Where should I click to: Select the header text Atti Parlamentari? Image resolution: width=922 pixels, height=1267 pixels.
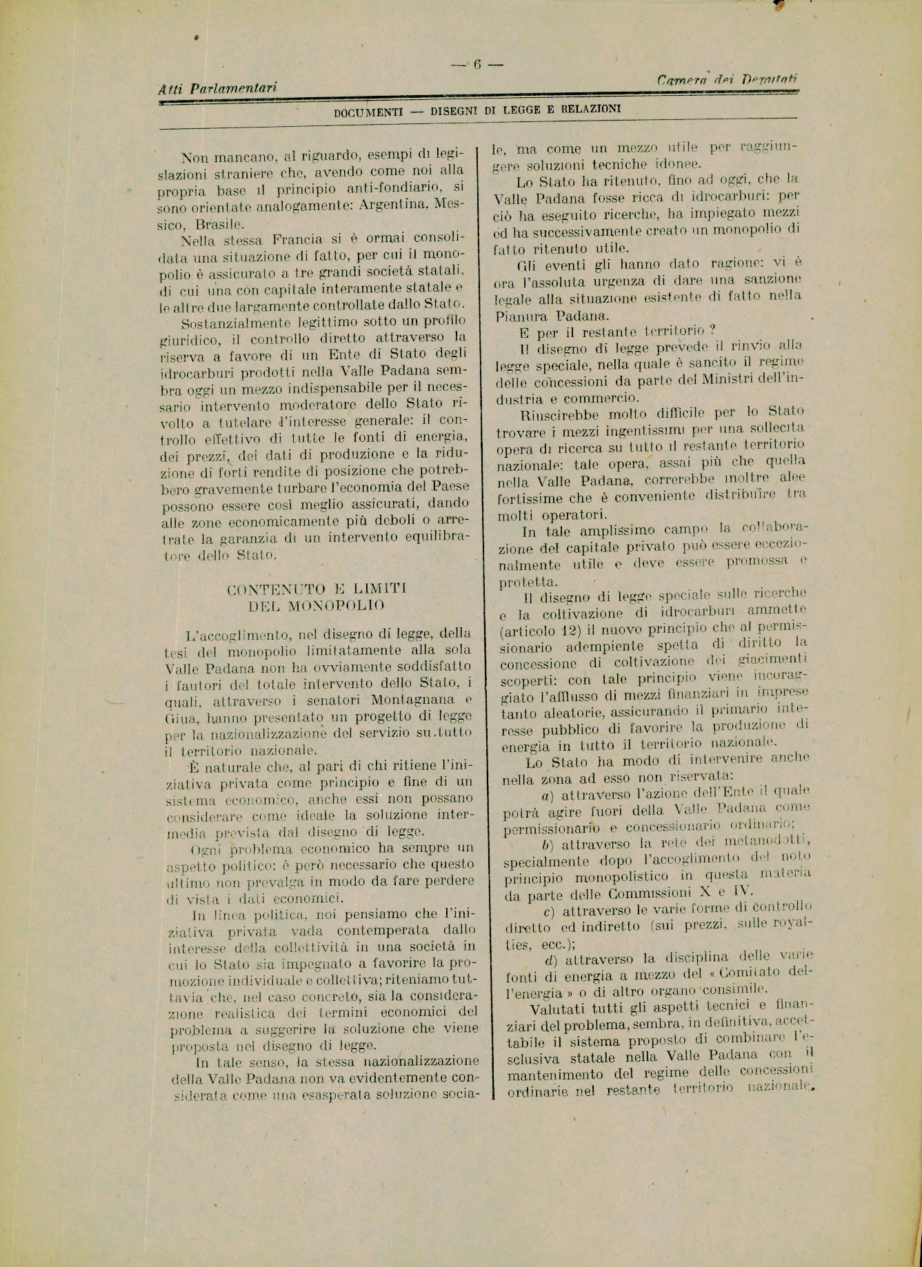point(218,88)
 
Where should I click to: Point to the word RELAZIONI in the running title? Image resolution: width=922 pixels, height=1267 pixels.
point(590,109)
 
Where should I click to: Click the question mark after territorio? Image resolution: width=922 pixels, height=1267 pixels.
point(702,330)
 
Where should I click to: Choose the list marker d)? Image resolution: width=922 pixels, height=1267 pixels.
point(550,958)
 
